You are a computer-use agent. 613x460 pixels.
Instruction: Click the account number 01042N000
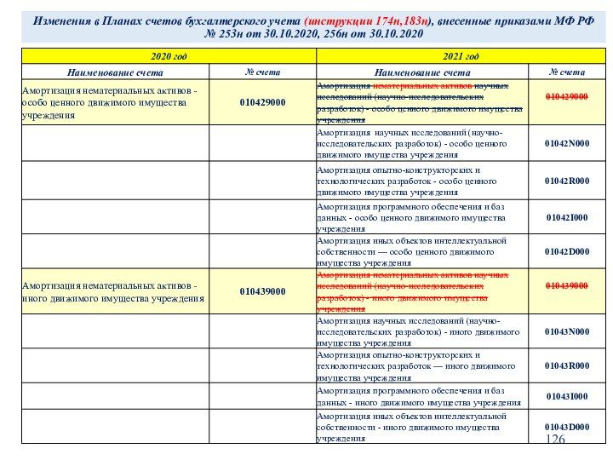[x=567, y=143]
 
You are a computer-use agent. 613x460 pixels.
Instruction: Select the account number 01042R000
[x=567, y=181]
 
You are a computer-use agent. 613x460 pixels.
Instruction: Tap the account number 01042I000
[x=567, y=217]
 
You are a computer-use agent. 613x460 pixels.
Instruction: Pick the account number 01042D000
[x=567, y=252]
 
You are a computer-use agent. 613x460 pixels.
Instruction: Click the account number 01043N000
[x=567, y=331]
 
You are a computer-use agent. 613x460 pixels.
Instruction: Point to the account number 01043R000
[x=567, y=365]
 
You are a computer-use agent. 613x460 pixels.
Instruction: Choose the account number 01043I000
[x=567, y=396]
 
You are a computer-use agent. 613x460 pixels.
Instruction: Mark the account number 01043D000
[x=567, y=426]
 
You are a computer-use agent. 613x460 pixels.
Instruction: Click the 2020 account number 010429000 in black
[x=262, y=102]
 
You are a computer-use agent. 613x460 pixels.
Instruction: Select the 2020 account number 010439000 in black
[x=262, y=291]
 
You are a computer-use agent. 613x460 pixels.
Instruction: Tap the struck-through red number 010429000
[x=567, y=97]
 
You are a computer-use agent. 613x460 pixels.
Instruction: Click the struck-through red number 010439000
[x=567, y=285]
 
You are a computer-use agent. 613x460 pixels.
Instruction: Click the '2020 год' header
[x=169, y=56]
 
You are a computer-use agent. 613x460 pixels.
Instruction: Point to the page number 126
[x=555, y=439]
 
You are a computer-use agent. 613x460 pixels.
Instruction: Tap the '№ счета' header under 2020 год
[x=262, y=72]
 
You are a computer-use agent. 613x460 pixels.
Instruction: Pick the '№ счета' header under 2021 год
[x=567, y=72]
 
